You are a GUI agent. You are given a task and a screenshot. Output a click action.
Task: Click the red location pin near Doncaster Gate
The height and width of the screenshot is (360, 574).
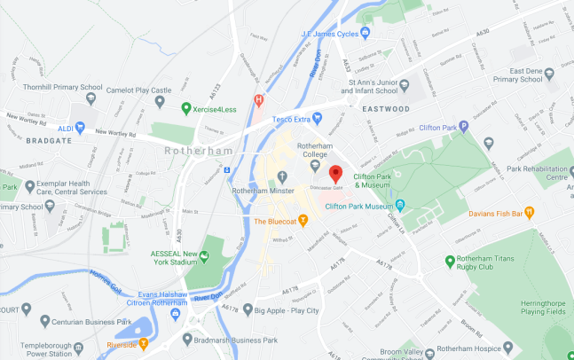pyautogui.click(x=335, y=174)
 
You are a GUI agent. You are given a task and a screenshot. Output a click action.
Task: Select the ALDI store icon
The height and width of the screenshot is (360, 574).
pyautogui.click(x=81, y=128)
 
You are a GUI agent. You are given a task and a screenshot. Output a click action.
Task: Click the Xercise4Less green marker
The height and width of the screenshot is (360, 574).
pyautogui.click(x=186, y=108)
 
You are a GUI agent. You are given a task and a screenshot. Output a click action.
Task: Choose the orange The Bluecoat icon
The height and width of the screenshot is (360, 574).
pyautogui.click(x=303, y=220)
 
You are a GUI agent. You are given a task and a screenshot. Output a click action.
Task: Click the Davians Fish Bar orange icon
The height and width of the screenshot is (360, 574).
pyautogui.click(x=529, y=211)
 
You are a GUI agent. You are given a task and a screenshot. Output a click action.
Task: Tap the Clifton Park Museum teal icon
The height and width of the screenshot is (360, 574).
pyautogui.click(x=400, y=207)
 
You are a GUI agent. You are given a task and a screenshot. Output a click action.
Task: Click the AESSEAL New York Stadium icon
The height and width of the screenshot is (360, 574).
pyautogui.click(x=204, y=256)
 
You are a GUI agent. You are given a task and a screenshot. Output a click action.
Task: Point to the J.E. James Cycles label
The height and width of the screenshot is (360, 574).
pyautogui.click(x=335, y=34)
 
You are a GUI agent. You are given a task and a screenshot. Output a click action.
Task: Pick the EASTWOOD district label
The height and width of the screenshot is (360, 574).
pyautogui.click(x=385, y=108)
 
